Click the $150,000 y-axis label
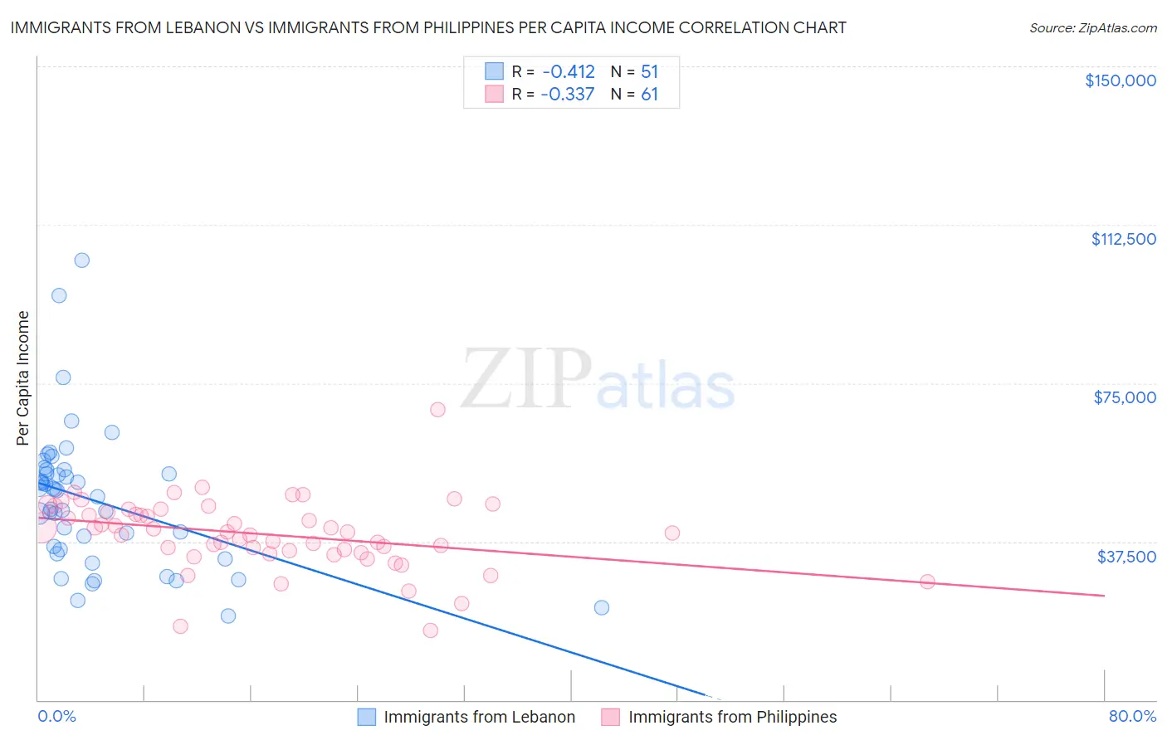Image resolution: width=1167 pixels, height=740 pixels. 1120,80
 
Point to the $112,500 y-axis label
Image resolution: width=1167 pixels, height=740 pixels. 1123,239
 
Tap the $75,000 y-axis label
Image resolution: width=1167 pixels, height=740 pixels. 1125,397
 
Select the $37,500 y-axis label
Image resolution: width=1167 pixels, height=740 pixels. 1126,557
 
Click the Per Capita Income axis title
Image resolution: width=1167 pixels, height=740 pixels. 23,377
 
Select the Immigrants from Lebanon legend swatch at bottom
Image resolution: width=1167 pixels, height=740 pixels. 367,717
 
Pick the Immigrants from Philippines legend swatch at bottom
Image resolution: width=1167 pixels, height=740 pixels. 611,717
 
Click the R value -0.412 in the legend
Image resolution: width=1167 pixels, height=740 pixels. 568,72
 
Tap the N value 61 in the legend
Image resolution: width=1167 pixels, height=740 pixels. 649,95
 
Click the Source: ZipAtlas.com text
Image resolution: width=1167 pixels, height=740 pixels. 1092,28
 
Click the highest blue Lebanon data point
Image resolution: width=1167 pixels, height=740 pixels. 81,260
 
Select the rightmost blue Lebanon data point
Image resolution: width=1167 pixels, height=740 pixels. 602,607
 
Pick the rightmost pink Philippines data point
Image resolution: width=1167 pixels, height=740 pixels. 927,582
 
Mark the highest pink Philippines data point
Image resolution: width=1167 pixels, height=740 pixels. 437,409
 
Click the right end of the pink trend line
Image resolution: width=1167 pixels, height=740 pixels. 1104,596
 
